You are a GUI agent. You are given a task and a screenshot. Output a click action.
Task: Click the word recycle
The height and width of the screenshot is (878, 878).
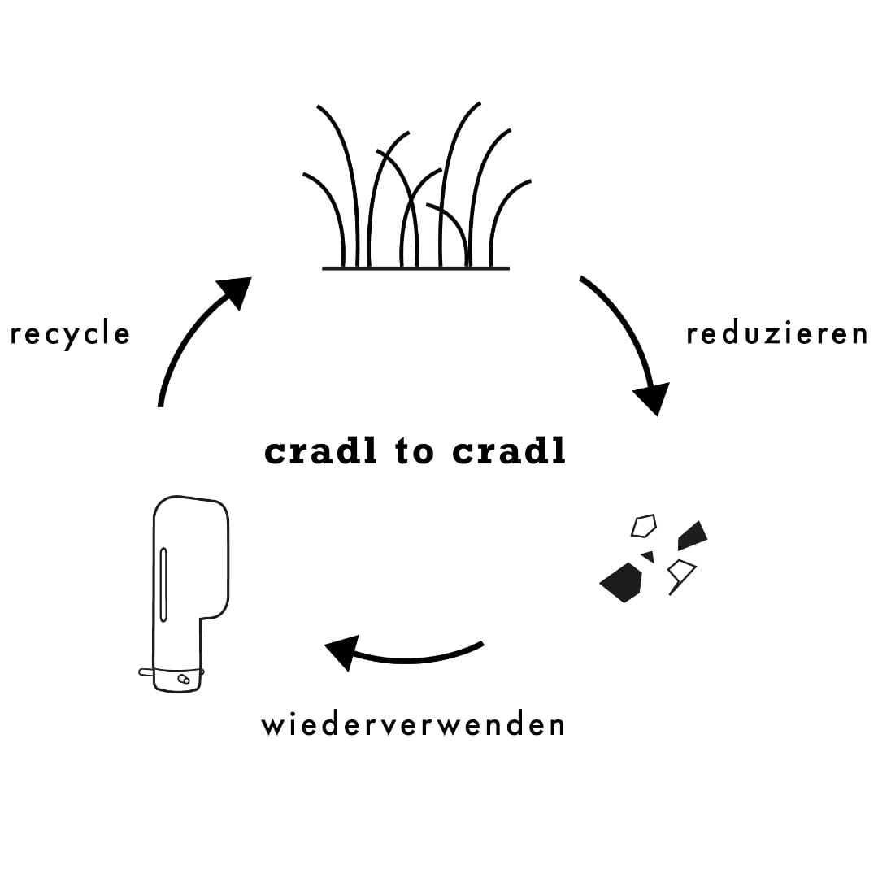click(70, 335)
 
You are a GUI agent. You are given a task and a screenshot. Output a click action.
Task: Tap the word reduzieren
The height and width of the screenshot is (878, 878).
click(777, 334)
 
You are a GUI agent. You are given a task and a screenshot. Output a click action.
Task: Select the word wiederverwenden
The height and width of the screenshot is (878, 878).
click(413, 724)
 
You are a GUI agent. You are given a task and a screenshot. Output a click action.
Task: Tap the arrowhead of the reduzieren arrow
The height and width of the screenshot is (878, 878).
click(653, 398)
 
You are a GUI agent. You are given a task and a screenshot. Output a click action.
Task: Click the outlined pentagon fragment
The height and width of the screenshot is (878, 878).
click(644, 526)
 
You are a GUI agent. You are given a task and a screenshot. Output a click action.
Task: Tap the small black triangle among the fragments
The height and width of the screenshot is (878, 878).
click(648, 557)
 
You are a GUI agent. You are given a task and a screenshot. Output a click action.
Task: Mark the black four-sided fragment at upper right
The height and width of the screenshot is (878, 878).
click(692, 534)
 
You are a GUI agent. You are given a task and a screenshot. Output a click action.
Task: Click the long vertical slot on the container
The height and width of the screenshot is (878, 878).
click(163, 585)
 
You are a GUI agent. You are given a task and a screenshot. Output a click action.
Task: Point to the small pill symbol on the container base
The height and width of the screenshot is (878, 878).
click(183, 679)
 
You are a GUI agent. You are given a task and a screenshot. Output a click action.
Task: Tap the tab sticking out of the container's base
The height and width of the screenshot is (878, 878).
click(146, 672)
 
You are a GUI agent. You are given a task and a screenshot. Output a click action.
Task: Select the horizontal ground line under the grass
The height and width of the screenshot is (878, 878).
click(415, 268)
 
